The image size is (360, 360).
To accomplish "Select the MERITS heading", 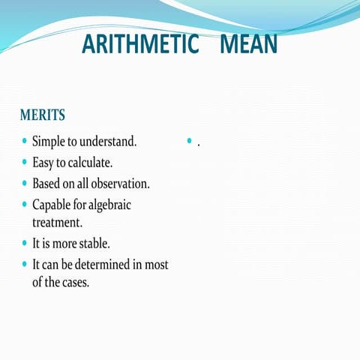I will coord(43,115).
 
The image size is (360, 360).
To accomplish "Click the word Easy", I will coord(43,162).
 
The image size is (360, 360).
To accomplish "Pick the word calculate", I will coord(91,162).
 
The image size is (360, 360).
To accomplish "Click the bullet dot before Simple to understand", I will coord(25,140).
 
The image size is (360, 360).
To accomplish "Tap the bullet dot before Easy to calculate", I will coord(25,161).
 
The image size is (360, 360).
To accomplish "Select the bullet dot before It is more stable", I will coord(25,243).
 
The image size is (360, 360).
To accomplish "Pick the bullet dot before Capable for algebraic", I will coord(25,203).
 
